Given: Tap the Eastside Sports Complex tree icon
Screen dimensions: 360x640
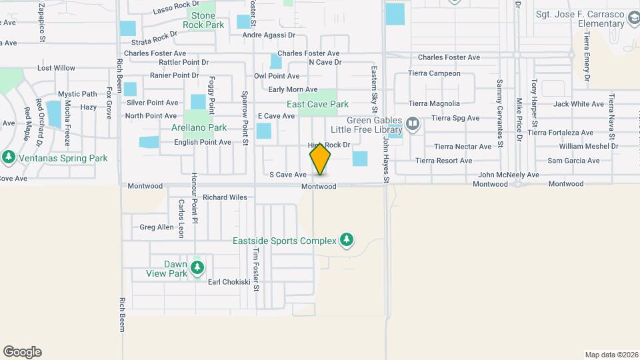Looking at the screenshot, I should [346, 240].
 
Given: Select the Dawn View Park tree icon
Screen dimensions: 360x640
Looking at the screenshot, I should [197, 268].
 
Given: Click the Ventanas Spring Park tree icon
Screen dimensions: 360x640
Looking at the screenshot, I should [9, 158].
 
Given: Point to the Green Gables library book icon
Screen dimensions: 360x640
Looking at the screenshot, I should [413, 123].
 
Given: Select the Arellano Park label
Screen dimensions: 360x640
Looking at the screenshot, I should [199, 127].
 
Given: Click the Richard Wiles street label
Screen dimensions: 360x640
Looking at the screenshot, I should [225, 197].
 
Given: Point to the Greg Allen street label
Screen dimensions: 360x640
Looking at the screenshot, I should [157, 227].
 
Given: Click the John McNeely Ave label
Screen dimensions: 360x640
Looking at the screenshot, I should [509, 175].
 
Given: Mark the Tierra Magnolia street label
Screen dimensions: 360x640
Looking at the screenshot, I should [434, 103].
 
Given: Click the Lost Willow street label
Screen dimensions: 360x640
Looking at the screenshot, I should [56, 68].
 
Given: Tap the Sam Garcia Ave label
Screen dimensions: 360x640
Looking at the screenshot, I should [573, 161].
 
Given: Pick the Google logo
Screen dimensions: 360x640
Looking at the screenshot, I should [22, 352].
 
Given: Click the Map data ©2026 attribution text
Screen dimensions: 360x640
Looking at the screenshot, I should [610, 355].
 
